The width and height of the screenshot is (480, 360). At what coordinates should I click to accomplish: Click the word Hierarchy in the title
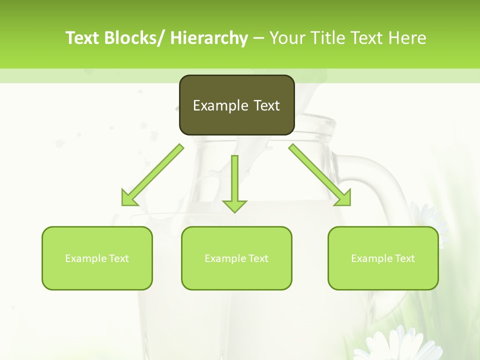coord(209,38)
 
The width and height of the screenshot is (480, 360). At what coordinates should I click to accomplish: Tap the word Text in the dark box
coord(265,105)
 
